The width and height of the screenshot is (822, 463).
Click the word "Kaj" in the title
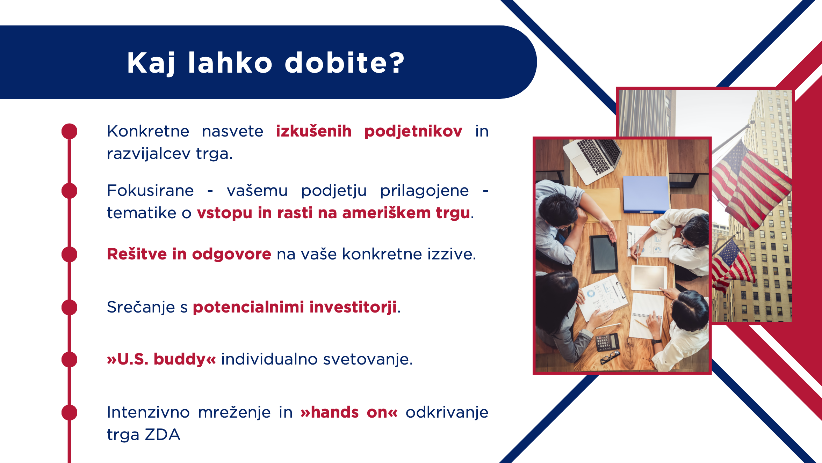(151, 63)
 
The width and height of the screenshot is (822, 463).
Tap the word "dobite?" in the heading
(345, 63)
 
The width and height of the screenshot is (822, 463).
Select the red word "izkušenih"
(313, 131)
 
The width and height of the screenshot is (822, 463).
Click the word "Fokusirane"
(150, 191)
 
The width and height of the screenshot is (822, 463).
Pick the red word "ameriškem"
(386, 213)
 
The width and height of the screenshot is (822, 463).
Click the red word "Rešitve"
(137, 254)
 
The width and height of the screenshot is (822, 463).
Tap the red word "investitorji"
(353, 307)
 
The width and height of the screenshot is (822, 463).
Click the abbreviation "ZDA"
(163, 434)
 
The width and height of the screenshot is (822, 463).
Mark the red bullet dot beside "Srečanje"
(69, 307)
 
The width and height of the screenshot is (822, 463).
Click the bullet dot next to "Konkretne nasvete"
(69, 131)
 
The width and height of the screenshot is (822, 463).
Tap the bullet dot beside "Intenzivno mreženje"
(69, 412)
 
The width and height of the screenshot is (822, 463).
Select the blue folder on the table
(646, 194)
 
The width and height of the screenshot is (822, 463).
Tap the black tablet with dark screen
(604, 254)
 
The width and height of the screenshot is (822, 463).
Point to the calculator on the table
(607, 342)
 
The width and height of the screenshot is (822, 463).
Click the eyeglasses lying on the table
(610, 358)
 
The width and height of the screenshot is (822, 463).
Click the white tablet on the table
(649, 278)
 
